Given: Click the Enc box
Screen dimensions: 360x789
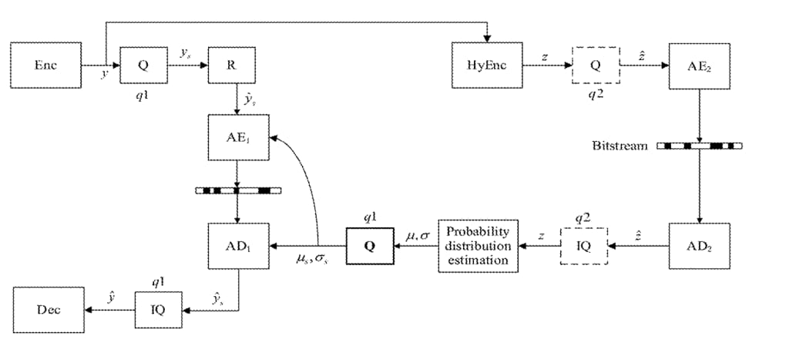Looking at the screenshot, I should (x=45, y=66).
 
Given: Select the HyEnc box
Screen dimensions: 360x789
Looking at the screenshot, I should (x=488, y=66).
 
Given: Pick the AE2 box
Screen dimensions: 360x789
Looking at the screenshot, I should (x=699, y=66).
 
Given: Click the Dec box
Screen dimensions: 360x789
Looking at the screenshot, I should (x=48, y=309).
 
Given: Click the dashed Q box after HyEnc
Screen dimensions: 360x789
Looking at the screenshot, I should (x=596, y=66).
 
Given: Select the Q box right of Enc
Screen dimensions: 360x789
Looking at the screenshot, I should (x=143, y=66).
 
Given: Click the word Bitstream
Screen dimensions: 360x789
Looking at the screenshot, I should (x=620, y=146).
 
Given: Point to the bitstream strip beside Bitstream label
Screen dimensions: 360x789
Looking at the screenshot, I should (x=699, y=145).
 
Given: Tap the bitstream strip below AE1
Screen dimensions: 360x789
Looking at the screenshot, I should (x=238, y=189).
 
